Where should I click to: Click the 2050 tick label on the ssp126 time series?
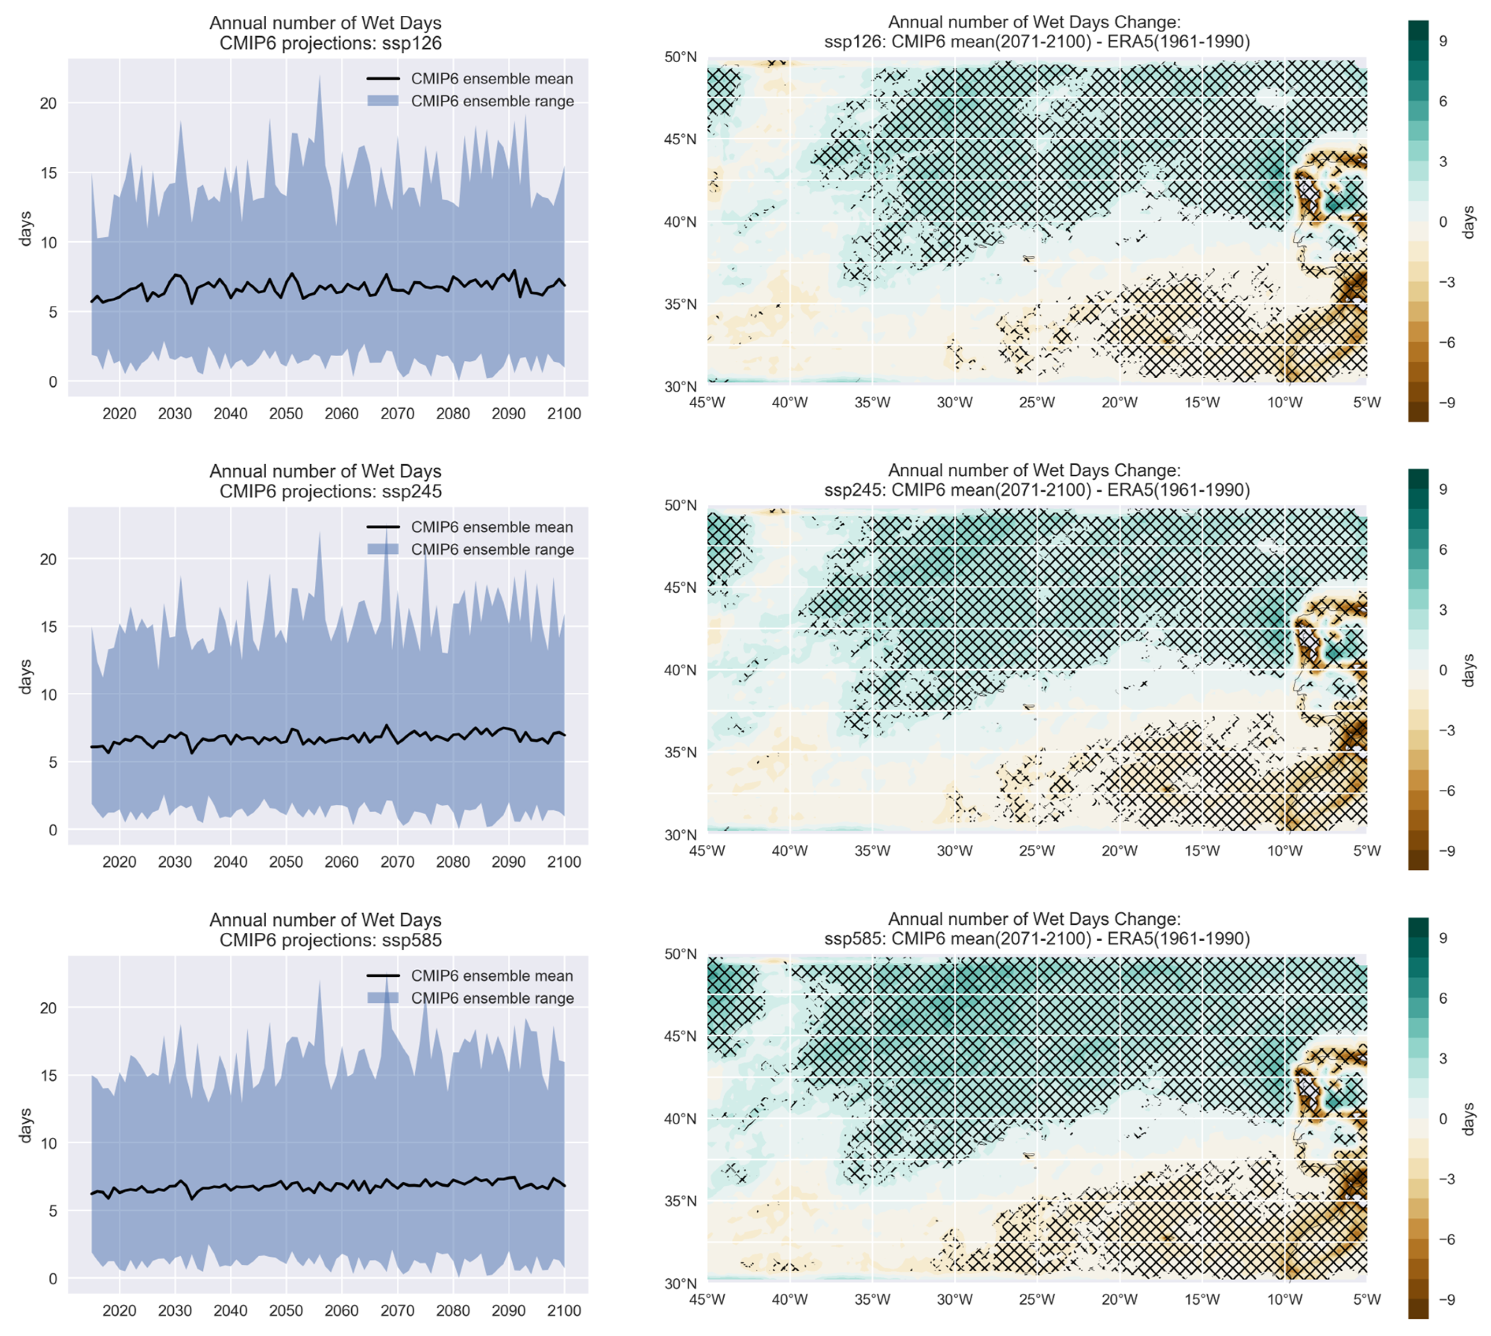point(286,413)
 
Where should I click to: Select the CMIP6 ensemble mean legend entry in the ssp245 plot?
point(491,527)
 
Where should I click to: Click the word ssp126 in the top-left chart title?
point(412,43)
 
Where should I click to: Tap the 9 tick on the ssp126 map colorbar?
point(1442,41)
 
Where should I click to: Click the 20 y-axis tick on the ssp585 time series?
point(49,1008)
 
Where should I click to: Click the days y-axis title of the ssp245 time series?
point(27,676)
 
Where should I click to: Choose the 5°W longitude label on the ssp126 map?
point(1366,402)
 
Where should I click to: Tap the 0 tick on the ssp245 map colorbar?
point(1442,670)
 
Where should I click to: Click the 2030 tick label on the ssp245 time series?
point(175,862)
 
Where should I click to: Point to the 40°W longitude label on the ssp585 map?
point(789,1299)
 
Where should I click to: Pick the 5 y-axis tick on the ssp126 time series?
point(52,312)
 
